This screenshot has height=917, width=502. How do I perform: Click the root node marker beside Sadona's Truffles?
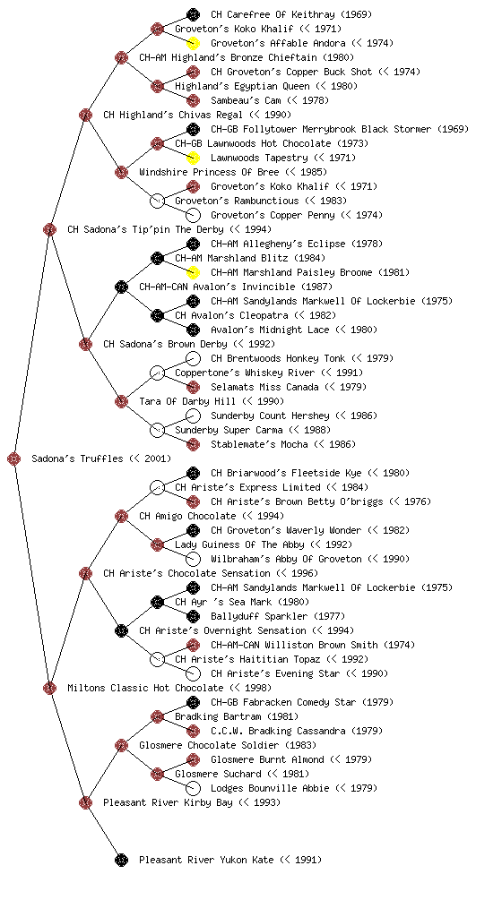coord(14,459)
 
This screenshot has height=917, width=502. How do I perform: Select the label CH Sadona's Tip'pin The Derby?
coord(146,229)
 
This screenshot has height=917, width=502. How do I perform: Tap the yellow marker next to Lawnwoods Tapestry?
coord(193,158)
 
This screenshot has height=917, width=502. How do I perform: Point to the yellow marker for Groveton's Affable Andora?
coord(193,43)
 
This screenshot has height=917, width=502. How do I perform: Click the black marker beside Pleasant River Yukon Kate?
coord(121,860)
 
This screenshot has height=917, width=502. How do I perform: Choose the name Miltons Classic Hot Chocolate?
coord(146,688)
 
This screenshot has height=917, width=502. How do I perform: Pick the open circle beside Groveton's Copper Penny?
coord(193,215)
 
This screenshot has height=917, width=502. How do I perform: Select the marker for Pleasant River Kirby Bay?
coord(85,802)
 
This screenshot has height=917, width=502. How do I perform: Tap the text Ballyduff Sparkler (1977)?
coord(278,616)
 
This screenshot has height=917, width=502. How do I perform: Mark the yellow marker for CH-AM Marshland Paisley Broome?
coord(193,272)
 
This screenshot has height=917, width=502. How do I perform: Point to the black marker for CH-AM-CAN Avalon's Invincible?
coord(121,287)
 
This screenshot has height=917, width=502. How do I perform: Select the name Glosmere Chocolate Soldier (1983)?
coord(228,745)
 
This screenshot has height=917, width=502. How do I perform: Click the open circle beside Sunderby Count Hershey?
coord(193,416)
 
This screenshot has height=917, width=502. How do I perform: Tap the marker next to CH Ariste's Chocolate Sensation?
coord(85,573)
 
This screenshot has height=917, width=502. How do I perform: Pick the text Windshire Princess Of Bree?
coord(209,172)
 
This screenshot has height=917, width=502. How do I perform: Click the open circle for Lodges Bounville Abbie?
coord(193,788)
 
